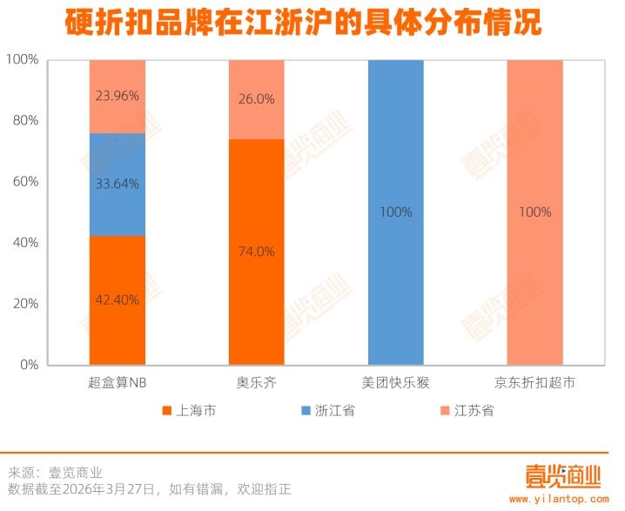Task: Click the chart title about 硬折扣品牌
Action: (304, 23)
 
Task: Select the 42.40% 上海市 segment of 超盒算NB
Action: (118, 300)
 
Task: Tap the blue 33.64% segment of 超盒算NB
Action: (118, 185)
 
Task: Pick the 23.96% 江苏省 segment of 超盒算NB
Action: (118, 97)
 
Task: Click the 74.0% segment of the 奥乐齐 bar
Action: (257, 252)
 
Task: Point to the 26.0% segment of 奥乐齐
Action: (257, 99)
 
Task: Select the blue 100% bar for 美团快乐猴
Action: (396, 212)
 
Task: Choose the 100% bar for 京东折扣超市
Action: (534, 212)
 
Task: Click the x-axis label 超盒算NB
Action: (118, 383)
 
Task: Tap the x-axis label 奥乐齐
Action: (257, 383)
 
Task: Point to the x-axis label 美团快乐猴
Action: (396, 383)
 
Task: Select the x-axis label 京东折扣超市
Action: (534, 383)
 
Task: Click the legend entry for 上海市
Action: (196, 410)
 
